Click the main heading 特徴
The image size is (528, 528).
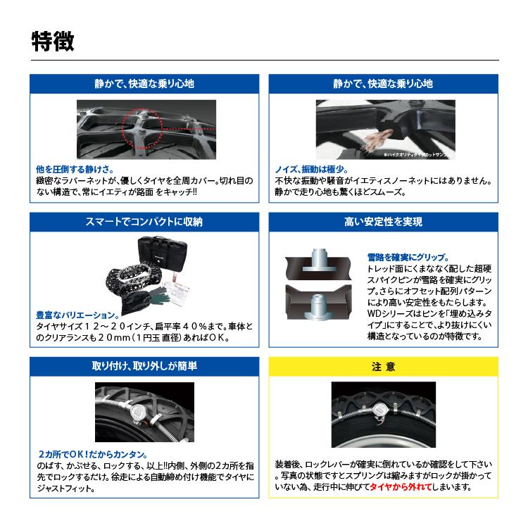53,40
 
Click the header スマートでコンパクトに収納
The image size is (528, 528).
144,222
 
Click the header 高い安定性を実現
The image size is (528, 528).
383,222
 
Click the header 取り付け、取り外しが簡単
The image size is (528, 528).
144,367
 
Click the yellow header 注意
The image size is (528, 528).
383,367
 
